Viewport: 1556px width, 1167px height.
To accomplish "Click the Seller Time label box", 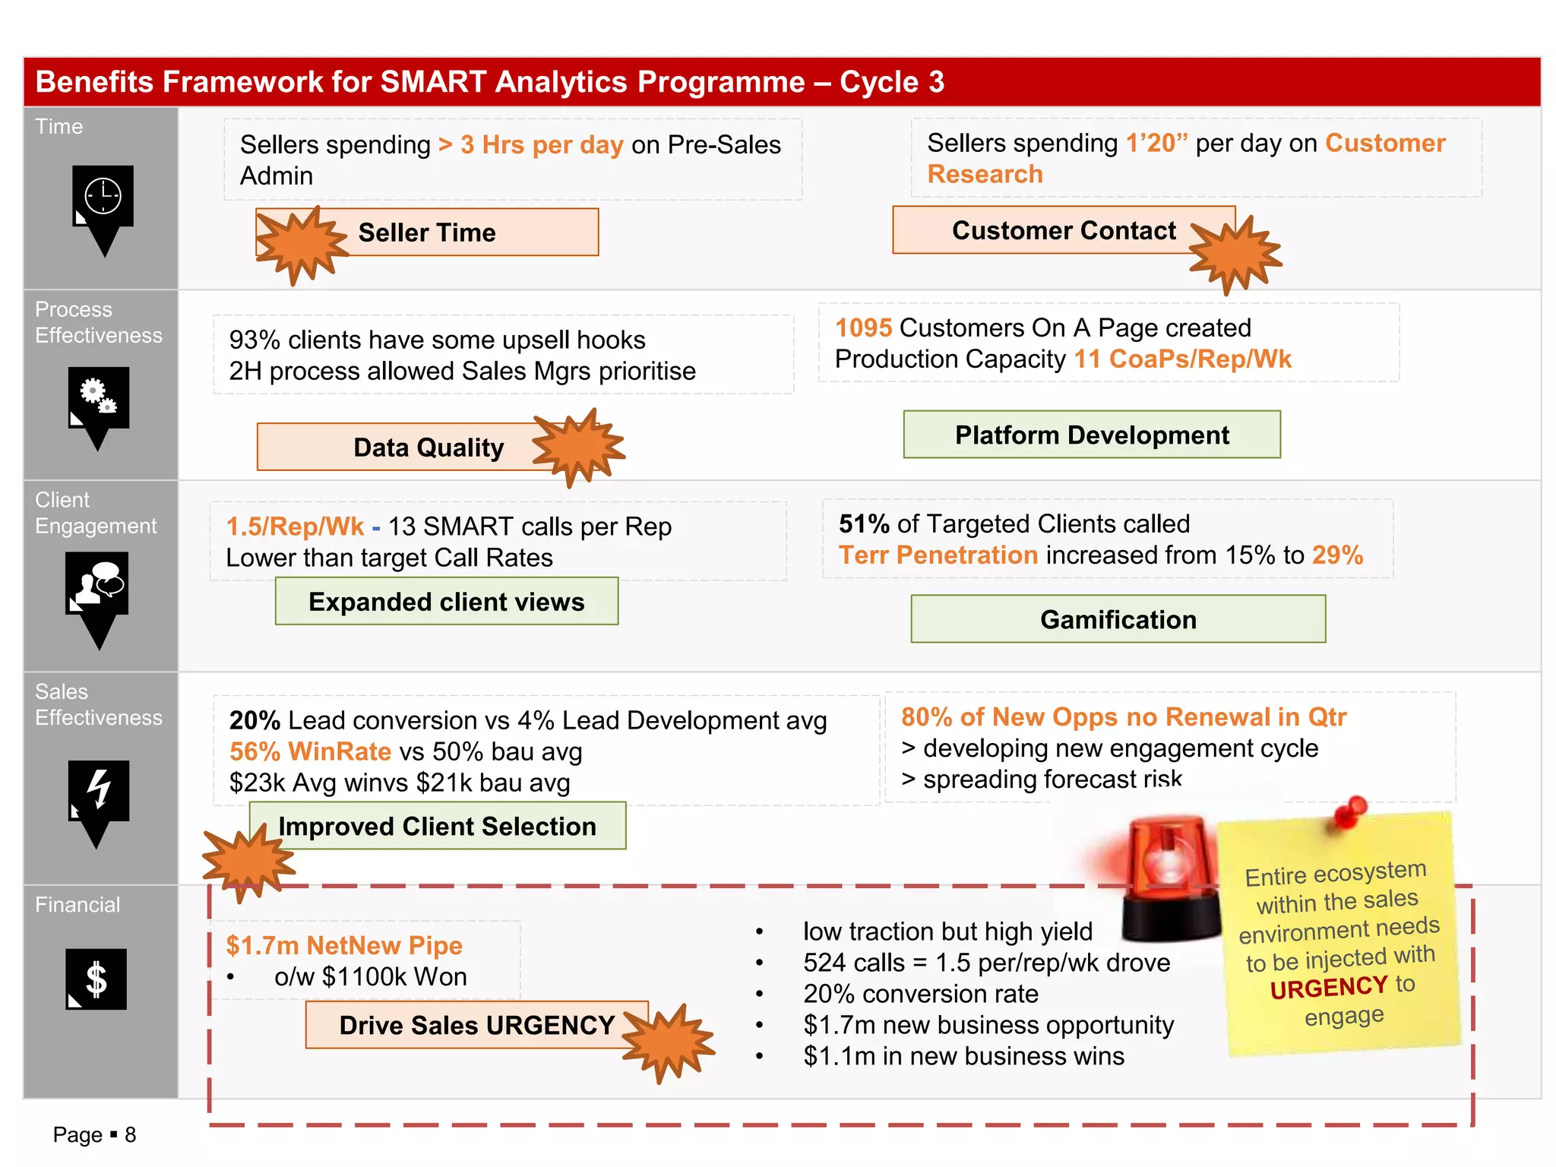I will click(x=456, y=232).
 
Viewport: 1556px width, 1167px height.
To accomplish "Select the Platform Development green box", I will click(x=1091, y=435).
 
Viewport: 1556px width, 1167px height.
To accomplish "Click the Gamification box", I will click(x=1118, y=620).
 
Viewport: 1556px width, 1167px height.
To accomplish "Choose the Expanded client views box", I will click(x=446, y=602).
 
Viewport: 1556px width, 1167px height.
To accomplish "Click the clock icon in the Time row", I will click(x=103, y=197).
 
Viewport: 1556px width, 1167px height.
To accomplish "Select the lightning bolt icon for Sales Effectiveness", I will click(x=99, y=790).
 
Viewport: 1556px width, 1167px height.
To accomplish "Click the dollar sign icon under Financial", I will click(x=96, y=979).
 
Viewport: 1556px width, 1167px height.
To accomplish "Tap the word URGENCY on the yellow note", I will click(x=1328, y=988).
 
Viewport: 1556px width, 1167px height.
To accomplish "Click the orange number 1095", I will click(x=863, y=328).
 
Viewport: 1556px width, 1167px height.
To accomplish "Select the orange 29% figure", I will click(x=1336, y=555).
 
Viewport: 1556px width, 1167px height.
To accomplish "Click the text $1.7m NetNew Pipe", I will click(x=344, y=946).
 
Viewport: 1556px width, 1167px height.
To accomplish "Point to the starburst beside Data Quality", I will click(x=578, y=447).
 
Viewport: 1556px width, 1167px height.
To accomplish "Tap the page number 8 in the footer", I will click(x=130, y=1135).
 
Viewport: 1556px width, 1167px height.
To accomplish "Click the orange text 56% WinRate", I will click(x=310, y=752).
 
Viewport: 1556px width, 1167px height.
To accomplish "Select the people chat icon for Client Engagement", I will click(x=97, y=583).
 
